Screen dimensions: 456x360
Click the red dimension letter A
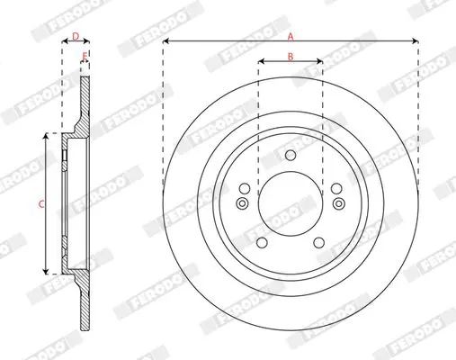[291, 37]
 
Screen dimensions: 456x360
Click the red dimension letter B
[291, 56]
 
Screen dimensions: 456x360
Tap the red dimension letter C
[41, 204]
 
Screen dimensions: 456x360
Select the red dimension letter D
[76, 37]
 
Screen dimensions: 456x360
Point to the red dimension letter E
[85, 56]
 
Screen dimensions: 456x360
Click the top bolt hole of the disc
[291, 155]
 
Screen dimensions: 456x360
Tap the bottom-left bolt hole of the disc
[262, 243]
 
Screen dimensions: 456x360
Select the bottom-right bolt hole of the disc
[318, 243]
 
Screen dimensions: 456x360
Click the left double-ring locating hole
[242, 203]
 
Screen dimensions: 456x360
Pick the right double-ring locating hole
[338, 203]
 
